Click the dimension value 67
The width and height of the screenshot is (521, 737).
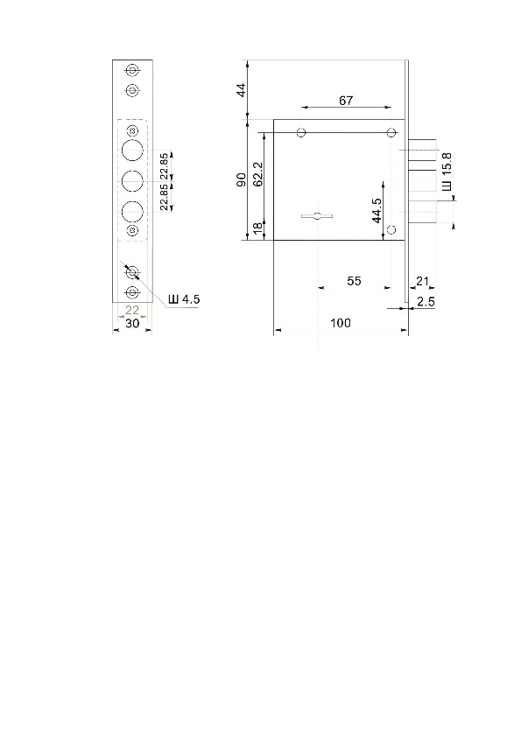tap(346, 101)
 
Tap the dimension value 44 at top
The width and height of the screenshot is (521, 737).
tap(241, 90)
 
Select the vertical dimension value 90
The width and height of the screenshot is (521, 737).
tap(241, 179)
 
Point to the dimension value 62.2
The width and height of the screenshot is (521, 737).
tap(257, 174)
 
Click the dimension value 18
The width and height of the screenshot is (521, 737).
tap(257, 228)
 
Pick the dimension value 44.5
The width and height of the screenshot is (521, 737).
tap(377, 211)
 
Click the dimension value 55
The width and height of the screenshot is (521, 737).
tap(354, 281)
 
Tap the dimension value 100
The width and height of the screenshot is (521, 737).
tap(341, 323)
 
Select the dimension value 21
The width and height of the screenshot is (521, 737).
tap(423, 281)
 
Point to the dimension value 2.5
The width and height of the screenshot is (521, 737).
tap(426, 302)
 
